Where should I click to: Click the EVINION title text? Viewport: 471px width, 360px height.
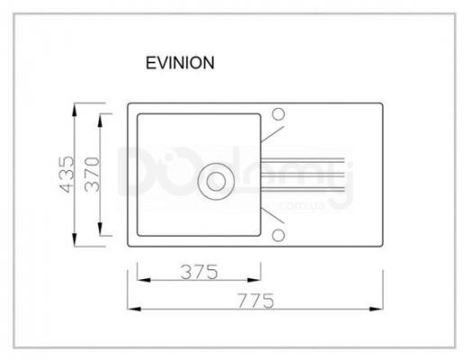(180, 63)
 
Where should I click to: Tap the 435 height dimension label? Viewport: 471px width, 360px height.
(67, 174)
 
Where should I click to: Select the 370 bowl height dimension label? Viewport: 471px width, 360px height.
(92, 175)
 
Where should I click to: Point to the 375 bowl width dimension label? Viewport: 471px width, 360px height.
(199, 272)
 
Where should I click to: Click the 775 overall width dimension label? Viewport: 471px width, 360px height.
(256, 301)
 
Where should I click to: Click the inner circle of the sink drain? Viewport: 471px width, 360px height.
(216, 182)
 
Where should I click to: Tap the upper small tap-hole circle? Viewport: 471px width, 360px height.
(278, 114)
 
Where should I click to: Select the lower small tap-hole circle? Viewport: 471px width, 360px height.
(278, 236)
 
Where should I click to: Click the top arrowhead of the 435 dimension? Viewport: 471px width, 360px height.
(75, 110)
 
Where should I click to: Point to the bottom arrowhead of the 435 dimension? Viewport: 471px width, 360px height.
(75, 239)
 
